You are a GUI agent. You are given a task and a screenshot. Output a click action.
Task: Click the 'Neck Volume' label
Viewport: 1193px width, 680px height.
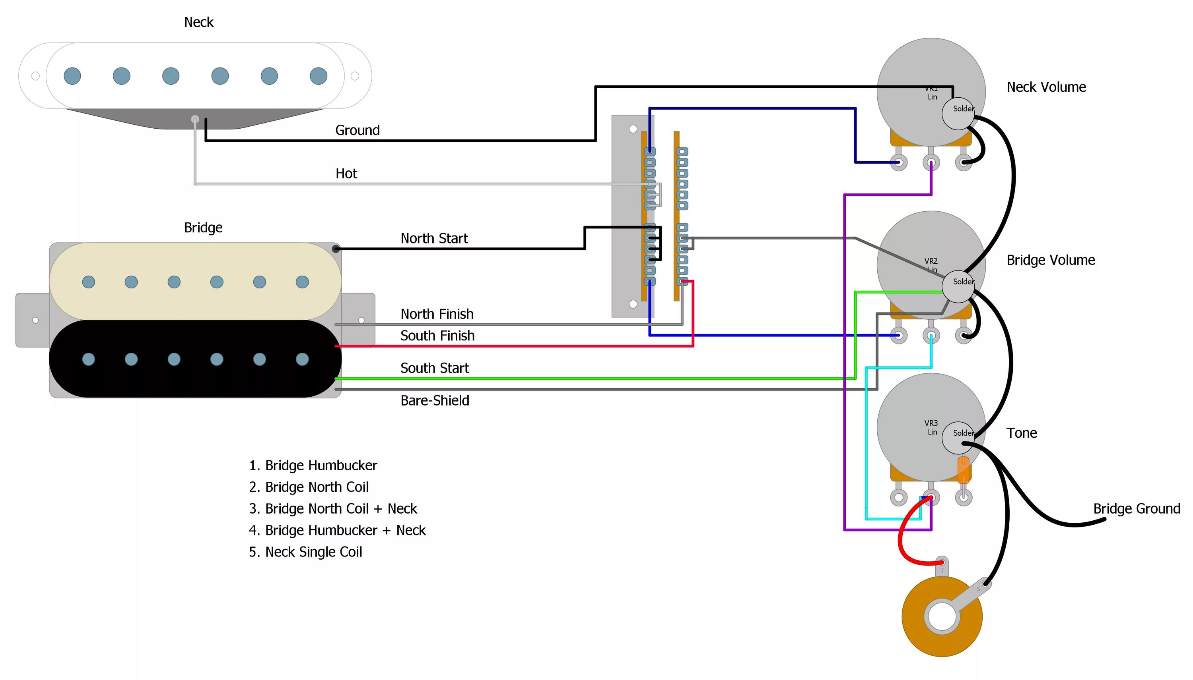point(1046,87)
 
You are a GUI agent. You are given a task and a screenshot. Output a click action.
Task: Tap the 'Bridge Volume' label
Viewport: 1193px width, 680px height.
point(1050,260)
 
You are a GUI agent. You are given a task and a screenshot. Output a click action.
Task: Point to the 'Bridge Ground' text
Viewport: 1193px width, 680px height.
point(1136,508)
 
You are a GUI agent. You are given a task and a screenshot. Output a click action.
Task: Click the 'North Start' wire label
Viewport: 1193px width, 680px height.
point(434,238)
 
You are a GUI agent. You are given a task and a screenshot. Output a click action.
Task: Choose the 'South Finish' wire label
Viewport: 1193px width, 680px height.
point(437,335)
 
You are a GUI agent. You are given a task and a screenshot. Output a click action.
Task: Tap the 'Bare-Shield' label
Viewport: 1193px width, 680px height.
point(435,400)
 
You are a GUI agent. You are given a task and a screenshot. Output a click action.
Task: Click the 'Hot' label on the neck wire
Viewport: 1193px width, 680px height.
point(346,173)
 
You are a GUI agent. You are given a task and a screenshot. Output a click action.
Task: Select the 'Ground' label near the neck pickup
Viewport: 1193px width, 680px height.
point(357,130)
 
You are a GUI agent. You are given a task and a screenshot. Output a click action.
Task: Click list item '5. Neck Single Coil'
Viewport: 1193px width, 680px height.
point(305,552)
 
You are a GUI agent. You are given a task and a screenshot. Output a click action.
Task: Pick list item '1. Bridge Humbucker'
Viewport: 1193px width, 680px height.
point(313,465)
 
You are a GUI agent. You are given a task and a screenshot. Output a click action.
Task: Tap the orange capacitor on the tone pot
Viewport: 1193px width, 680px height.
point(963,470)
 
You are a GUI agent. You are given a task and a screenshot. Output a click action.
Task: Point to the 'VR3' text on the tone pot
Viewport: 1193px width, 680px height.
point(930,423)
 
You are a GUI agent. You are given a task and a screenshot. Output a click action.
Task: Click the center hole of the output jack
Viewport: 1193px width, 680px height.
point(942,616)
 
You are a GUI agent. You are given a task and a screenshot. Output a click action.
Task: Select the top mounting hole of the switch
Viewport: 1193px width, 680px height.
point(633,129)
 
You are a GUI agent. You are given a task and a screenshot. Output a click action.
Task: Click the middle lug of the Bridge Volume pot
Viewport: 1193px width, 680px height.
point(931,335)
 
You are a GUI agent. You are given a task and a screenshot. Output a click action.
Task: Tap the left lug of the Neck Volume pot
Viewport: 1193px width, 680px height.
point(898,162)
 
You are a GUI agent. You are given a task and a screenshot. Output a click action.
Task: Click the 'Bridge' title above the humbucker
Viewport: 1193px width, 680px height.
point(203,228)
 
